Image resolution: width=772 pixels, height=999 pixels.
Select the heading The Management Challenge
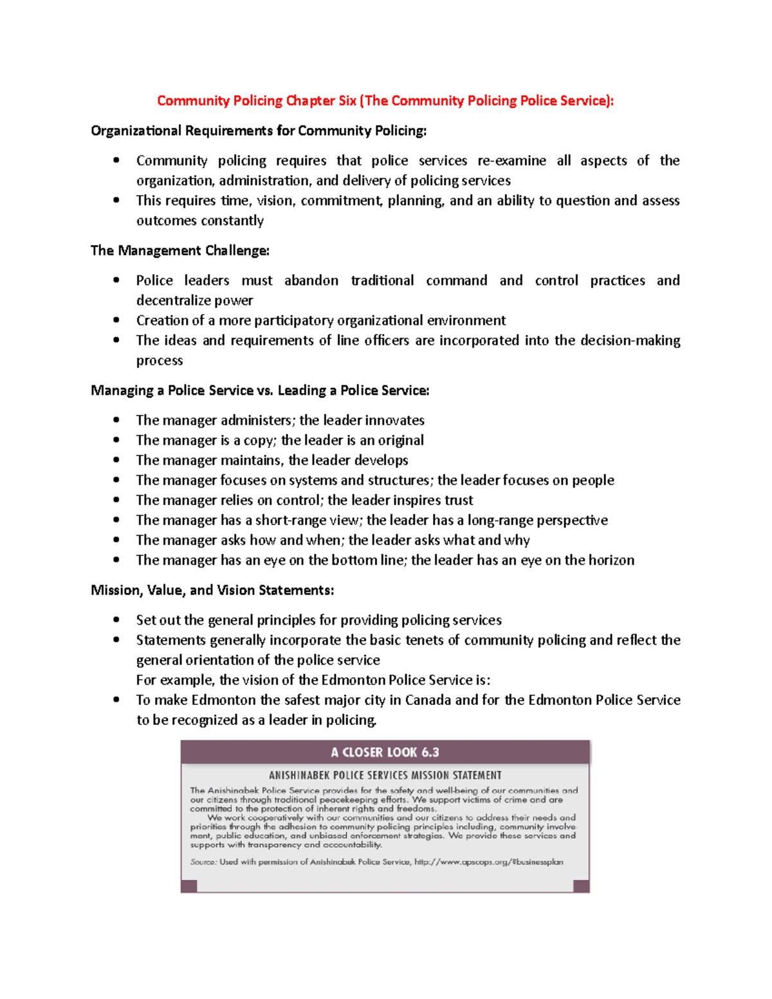(180, 251)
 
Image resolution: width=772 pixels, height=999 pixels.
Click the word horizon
(611, 560)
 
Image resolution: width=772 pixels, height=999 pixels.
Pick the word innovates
(394, 421)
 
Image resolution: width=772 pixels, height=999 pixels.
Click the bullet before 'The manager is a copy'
(116, 440)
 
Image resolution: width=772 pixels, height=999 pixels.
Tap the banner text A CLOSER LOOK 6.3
(385, 752)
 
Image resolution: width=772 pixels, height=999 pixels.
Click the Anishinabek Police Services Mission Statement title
(385, 776)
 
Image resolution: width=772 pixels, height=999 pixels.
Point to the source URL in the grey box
(488, 862)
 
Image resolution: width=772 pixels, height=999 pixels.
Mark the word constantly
(232, 221)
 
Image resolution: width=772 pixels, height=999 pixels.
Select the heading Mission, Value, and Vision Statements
(212, 591)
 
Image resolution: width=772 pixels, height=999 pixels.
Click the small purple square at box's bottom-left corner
(188, 886)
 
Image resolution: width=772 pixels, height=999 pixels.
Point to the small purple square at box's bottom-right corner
(581, 886)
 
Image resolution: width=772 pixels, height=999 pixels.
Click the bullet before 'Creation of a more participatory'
(116, 320)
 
